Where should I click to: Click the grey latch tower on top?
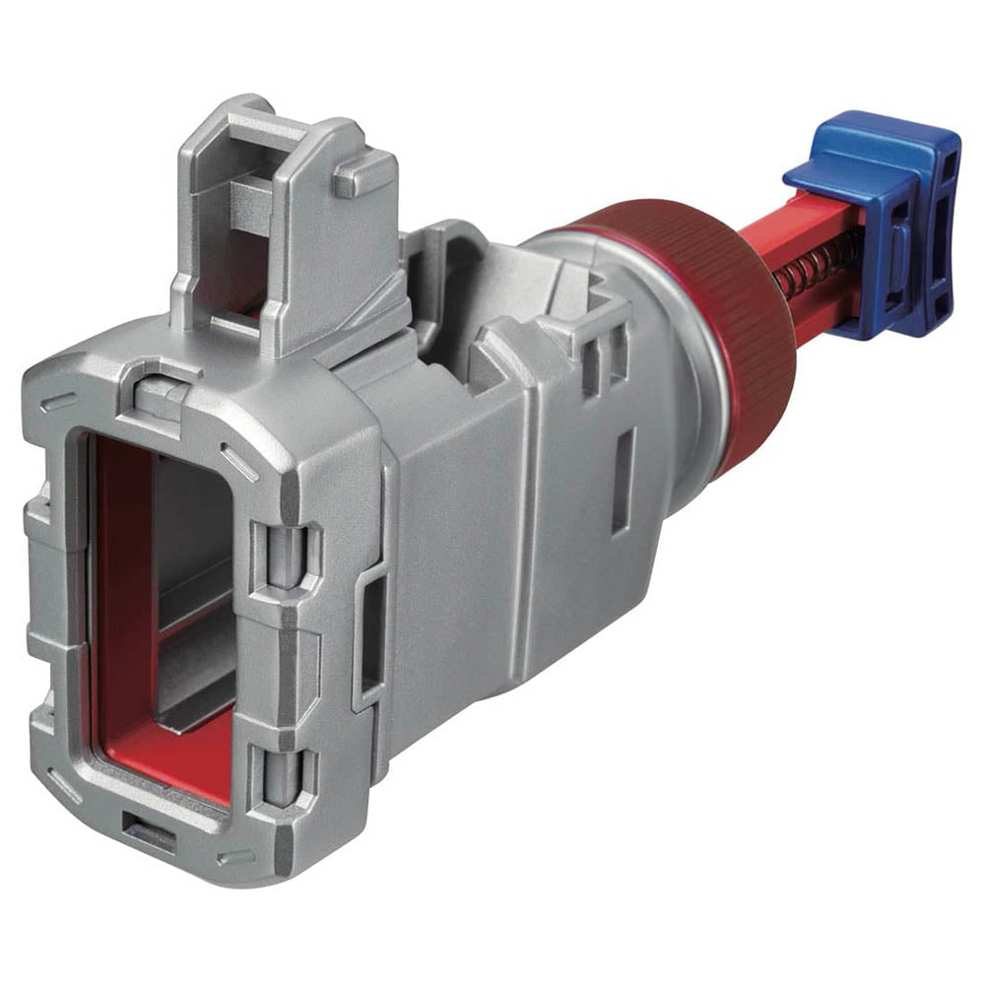(x=286, y=227)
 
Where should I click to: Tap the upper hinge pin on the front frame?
(x=286, y=552)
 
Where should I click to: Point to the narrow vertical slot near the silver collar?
(x=623, y=483)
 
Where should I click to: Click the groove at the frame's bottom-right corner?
(x=236, y=857)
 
